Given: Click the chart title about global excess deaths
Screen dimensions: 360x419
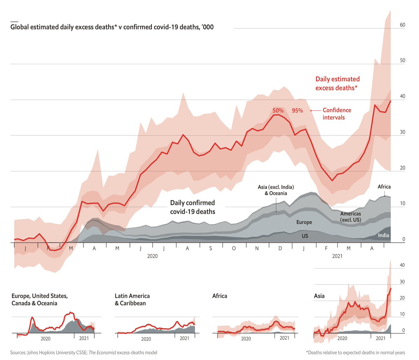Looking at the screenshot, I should coord(112,27).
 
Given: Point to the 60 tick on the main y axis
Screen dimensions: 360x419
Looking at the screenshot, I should coord(402,25).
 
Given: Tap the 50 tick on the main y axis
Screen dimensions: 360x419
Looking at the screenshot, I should coord(402,60).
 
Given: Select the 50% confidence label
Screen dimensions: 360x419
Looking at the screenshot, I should coord(278,110).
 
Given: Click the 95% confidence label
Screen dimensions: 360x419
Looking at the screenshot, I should coord(297,110).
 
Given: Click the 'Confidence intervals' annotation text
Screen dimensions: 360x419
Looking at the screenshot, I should coord(337,114).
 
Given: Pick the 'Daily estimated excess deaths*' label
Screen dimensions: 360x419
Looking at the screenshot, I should coord(337,83).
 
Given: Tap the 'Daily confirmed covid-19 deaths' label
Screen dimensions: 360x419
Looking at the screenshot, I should coord(192,207).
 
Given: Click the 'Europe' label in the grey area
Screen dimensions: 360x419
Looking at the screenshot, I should coord(304,222).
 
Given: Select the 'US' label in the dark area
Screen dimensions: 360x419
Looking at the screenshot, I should coord(305,236).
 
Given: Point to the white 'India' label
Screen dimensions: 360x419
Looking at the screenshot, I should coord(383,235).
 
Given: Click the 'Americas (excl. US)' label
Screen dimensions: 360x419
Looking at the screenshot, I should coord(351,216).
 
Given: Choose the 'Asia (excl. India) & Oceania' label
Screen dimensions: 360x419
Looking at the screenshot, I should coord(275,190).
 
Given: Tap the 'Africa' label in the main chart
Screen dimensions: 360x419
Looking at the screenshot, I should coord(384,187).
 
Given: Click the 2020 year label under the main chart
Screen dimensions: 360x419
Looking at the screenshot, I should coord(152,256).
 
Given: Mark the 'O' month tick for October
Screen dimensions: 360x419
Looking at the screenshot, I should coord(234,248).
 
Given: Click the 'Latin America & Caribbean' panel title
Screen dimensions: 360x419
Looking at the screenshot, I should coord(132,300).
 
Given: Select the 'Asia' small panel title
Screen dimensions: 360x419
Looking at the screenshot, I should coord(319,296).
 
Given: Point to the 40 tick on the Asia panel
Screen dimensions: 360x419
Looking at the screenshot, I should coord(402,265).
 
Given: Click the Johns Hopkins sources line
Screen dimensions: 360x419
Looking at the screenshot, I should coord(84,353).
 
